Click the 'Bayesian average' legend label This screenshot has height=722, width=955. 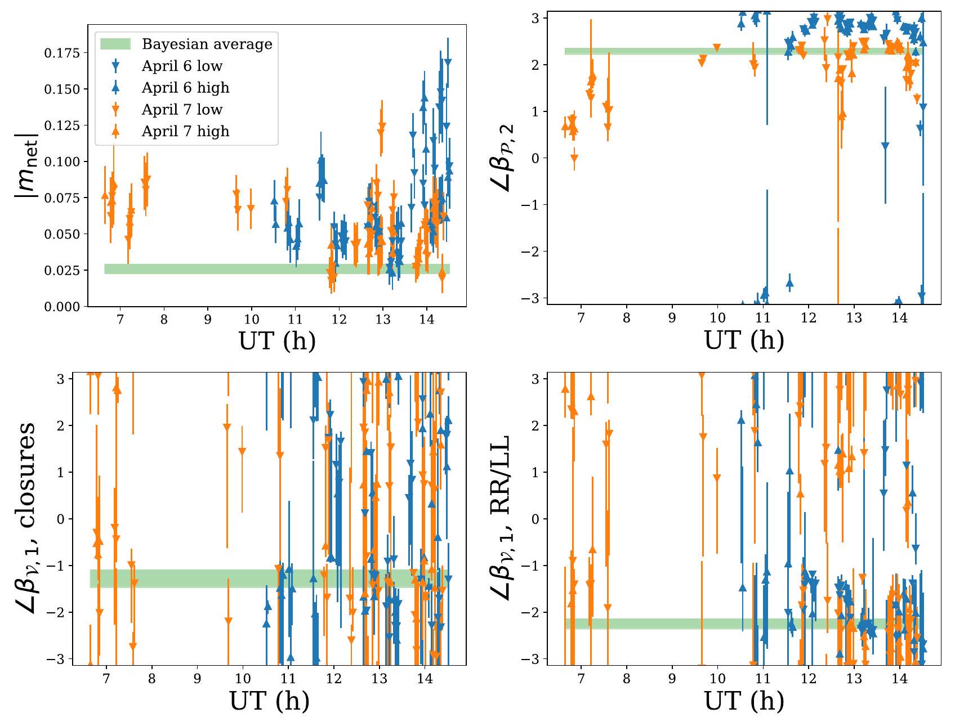pos(207,44)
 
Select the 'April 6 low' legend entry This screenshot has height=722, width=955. pos(182,66)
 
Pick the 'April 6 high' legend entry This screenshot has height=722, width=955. pos(185,88)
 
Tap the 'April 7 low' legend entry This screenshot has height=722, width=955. pos(182,109)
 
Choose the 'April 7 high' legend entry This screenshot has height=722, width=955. pos(185,131)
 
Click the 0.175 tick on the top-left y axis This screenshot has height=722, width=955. pos(63,53)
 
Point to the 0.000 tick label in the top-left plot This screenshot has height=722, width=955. pos(63,307)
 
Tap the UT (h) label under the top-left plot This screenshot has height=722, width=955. pos(277,341)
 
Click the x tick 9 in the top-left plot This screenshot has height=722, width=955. pos(208,320)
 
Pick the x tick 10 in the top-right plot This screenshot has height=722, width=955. pos(717,317)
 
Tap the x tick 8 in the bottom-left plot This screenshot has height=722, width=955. pos(152,679)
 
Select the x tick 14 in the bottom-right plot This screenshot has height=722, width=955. pos(900,679)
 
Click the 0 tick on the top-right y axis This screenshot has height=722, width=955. pos(535,159)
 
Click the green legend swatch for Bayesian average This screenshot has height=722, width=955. pos(115,44)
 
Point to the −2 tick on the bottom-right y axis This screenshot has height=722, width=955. pos(532,612)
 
